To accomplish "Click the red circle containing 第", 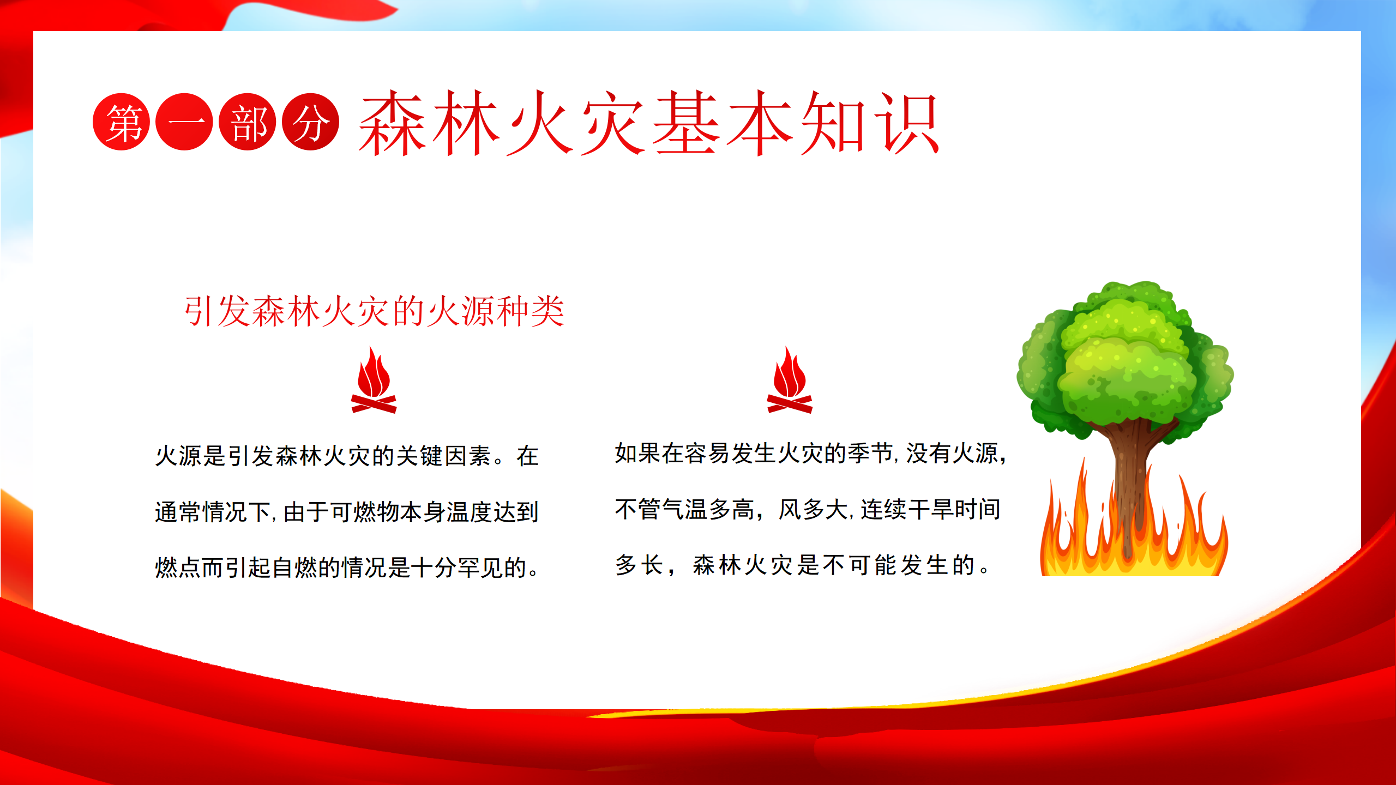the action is [x=121, y=122].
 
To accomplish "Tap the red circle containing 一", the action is [x=184, y=122].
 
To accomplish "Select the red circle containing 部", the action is [x=248, y=122].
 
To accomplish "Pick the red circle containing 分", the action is [x=311, y=122].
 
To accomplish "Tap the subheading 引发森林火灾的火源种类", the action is [x=374, y=311].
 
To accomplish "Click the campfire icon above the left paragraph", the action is [x=374, y=380].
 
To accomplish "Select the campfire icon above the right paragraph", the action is [x=790, y=380].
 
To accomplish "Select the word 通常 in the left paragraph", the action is [x=178, y=512].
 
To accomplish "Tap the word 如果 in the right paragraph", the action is [x=638, y=454].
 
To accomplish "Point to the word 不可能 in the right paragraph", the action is [x=860, y=565].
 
